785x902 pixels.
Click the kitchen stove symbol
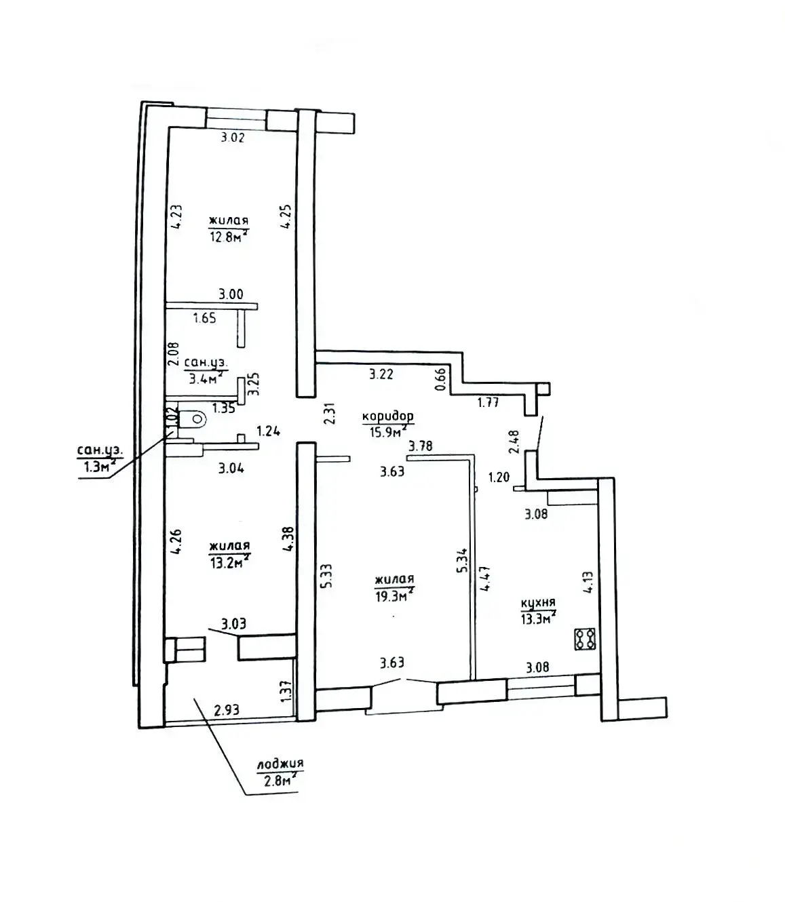coord(585,638)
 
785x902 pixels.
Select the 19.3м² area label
coord(394,596)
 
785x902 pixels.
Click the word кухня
coord(538,602)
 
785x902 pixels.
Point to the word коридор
coord(387,416)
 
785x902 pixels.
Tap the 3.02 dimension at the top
coord(233,138)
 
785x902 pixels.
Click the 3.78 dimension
coord(421,446)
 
